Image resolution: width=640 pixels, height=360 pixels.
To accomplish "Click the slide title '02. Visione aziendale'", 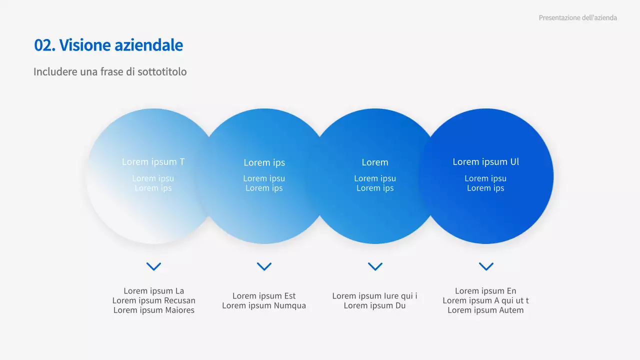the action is click(x=108, y=45).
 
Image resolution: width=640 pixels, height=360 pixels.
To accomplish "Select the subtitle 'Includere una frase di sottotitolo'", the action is click(x=110, y=71).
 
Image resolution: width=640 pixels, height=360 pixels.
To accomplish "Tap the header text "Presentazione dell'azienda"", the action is click(x=577, y=17).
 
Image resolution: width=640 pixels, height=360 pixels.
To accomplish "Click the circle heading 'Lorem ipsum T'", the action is click(x=153, y=161).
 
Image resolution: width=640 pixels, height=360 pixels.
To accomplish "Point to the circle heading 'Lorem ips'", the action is click(x=264, y=162).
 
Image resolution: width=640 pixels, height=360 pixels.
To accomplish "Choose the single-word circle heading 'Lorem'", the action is click(x=375, y=162).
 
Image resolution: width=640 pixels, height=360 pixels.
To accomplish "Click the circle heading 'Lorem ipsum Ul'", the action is click(x=485, y=161).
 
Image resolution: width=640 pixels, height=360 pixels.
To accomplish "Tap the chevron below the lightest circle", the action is click(x=153, y=266).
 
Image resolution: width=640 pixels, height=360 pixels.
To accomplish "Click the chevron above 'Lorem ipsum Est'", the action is click(x=264, y=266).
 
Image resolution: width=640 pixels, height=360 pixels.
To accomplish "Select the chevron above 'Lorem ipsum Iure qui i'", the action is click(x=375, y=266).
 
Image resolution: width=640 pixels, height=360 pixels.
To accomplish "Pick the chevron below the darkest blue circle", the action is click(x=486, y=266).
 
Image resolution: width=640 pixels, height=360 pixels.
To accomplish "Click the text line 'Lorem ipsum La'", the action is click(x=153, y=291).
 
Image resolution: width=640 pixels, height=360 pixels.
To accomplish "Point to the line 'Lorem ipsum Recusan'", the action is click(x=153, y=300).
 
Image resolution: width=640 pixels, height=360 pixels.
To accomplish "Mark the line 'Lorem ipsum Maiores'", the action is click(x=153, y=310).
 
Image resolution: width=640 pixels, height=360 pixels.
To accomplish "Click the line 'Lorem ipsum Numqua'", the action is click(x=264, y=305).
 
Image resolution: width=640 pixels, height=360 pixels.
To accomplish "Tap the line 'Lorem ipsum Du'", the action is click(x=374, y=305).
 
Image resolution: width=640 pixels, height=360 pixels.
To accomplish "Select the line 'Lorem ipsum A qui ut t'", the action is click(x=485, y=300).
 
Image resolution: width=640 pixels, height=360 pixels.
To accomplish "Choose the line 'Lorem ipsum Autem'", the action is click(x=485, y=310).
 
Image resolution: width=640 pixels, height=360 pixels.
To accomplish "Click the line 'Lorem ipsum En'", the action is click(x=485, y=291).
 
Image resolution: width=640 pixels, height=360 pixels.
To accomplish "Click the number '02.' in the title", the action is click(x=44, y=45).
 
